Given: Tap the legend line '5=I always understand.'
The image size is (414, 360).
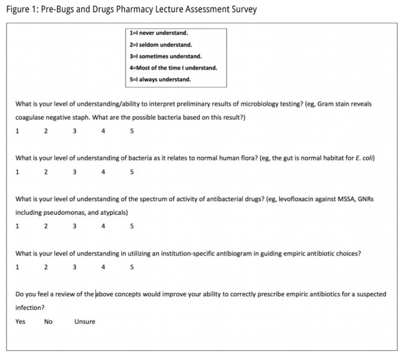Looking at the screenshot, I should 160,79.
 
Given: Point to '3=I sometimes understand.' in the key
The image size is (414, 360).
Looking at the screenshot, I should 165,56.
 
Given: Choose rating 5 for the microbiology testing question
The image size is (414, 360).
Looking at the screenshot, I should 131,131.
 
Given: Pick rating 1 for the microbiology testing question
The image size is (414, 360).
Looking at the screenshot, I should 17,131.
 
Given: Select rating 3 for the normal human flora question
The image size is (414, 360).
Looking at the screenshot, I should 74,172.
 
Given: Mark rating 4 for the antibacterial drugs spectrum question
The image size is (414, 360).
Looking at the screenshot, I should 103,226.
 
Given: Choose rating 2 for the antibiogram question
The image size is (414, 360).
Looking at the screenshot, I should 46,267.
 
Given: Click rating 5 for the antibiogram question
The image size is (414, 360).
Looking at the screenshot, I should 131,267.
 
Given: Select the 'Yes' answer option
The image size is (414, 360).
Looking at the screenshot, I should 20,321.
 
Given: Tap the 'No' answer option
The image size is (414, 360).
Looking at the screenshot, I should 48,321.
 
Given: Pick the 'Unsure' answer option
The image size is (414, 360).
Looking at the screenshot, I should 85,321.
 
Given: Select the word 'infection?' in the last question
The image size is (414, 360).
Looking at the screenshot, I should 30,308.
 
